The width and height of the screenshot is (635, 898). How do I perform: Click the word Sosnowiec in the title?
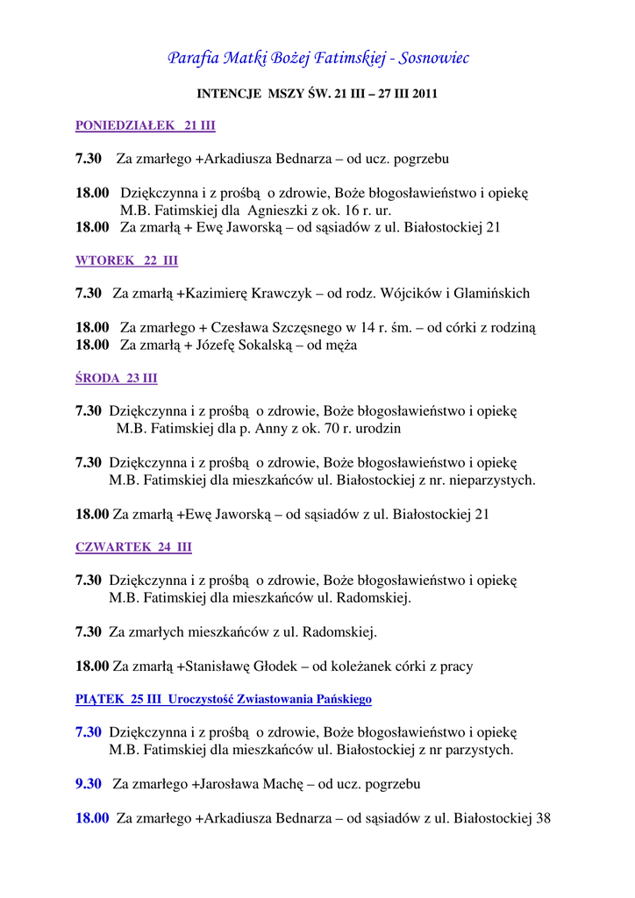coord(435,58)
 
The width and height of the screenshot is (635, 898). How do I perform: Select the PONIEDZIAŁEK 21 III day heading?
coord(145,125)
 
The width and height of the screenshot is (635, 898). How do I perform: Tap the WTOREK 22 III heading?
coord(126,260)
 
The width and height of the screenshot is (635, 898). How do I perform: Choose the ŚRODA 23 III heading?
coord(117,378)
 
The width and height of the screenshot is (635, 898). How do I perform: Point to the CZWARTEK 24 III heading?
coord(133,547)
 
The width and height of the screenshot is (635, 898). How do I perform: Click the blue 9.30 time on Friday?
coord(89,783)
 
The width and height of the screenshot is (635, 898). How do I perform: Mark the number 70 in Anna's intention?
coord(338,429)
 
